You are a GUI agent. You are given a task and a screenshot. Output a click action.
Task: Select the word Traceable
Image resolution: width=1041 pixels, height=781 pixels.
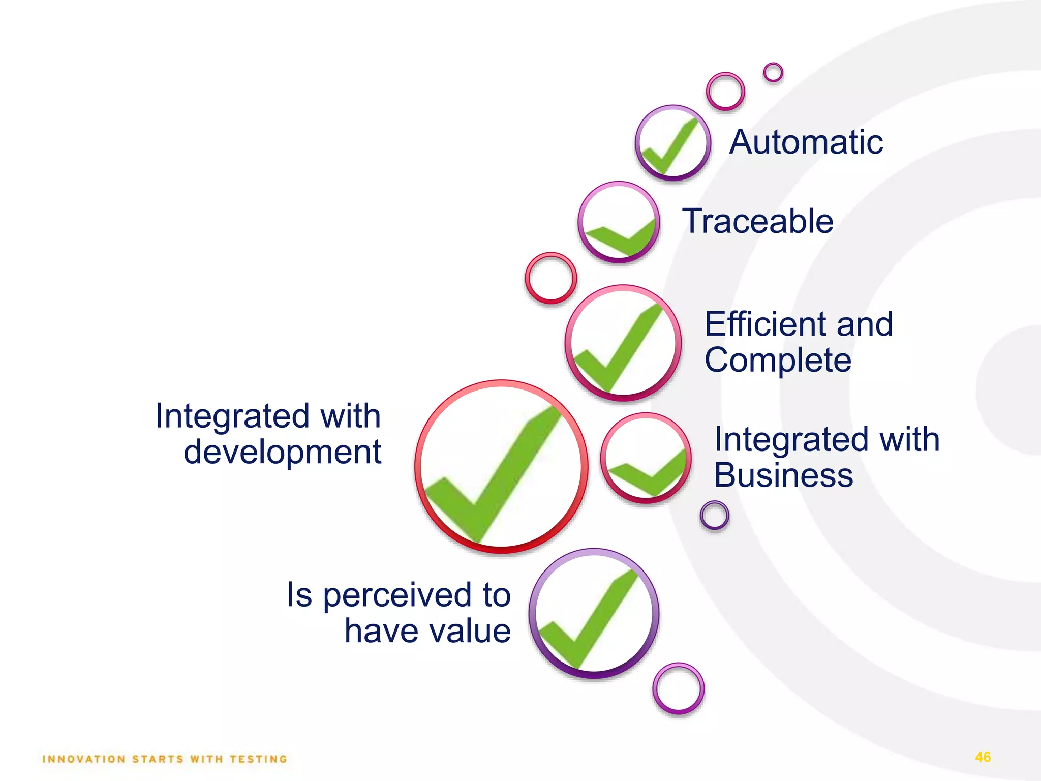tap(757, 221)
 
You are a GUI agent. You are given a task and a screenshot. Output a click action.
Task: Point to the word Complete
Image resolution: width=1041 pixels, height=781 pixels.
tap(778, 361)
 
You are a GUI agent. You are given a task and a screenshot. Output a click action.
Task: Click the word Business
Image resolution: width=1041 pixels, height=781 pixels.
tap(783, 475)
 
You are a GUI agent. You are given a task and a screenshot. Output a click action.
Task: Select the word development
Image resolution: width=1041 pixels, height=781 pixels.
tap(282, 452)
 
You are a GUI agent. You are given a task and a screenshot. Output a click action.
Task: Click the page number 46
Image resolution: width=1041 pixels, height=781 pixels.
tap(983, 757)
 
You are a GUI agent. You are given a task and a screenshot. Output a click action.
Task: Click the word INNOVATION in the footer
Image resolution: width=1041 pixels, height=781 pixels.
tap(84, 759)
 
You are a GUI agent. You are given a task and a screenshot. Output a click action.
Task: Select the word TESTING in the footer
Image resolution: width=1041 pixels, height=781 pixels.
tap(259, 759)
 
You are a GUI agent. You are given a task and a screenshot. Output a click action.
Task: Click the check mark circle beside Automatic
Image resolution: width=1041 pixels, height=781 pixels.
tap(672, 143)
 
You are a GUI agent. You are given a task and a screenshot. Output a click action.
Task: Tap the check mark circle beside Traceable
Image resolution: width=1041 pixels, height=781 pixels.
tap(619, 222)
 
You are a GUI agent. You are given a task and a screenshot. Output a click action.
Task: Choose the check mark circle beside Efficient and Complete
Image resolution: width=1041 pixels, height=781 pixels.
tap(623, 343)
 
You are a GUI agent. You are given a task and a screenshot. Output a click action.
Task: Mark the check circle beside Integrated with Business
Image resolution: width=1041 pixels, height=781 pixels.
tap(646, 458)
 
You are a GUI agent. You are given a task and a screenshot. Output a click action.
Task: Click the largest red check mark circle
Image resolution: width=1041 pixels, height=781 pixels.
tap(501, 466)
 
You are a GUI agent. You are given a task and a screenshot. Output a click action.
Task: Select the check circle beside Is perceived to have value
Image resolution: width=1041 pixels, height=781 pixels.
tap(594, 613)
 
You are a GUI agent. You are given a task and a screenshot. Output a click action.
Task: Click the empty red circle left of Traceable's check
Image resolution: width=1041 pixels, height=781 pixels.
tap(550, 278)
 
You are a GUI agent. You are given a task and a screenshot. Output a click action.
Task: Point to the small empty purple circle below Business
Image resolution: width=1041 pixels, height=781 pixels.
tap(714, 516)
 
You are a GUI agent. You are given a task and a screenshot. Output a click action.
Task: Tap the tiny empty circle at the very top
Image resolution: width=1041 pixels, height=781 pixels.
tap(773, 73)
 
